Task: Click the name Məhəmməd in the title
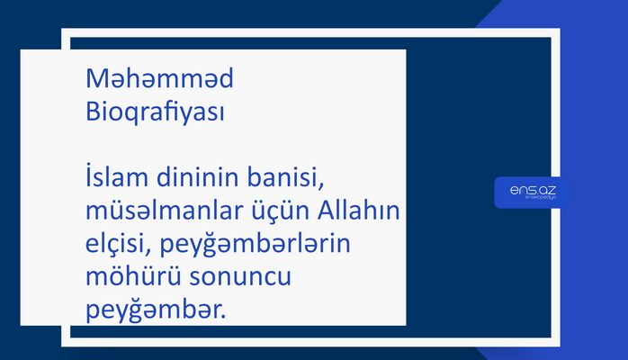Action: pyautogui.click(x=159, y=80)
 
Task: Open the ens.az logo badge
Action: pyautogui.click(x=532, y=193)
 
